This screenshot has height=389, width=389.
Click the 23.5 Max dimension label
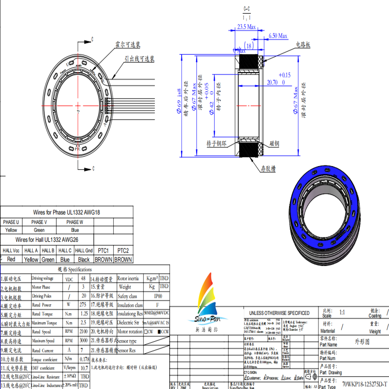[x=246, y=27]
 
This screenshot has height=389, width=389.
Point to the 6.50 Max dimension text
[x=278, y=36]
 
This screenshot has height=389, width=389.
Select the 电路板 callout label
[x=303, y=45]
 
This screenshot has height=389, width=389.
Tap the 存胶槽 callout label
[x=268, y=169]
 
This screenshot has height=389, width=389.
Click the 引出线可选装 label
[x=139, y=59]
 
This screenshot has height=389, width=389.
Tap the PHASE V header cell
[x=39, y=222]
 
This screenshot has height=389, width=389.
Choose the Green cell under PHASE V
[x=39, y=230]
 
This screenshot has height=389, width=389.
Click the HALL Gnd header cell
[x=84, y=251]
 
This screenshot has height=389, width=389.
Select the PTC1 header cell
[x=103, y=251]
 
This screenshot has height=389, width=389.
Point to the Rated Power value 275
[x=83, y=305]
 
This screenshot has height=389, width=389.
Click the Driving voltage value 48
[x=83, y=279]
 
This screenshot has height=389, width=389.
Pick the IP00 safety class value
[x=158, y=296]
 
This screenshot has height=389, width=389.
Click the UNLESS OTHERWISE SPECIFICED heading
[x=279, y=313]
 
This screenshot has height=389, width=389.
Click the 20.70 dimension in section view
[x=272, y=82]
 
